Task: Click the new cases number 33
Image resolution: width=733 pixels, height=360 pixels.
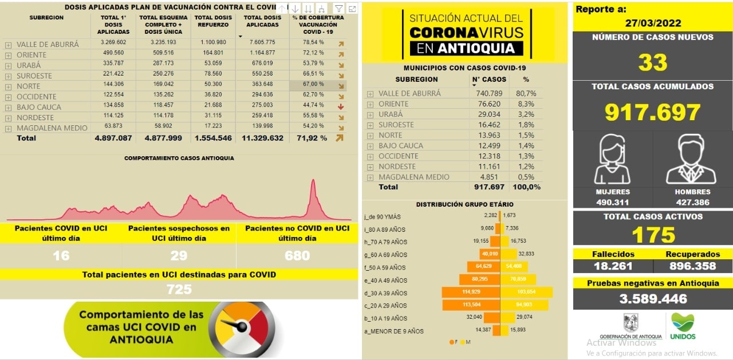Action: (x=653, y=62)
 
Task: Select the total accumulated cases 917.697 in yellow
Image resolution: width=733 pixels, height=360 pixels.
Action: (x=653, y=112)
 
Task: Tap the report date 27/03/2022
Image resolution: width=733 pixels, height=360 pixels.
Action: (x=653, y=23)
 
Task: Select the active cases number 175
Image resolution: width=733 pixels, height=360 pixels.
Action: (x=653, y=235)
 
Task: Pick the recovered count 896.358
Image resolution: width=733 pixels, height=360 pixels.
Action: (x=692, y=266)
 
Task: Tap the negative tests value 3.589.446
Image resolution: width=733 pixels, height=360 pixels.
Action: (x=653, y=299)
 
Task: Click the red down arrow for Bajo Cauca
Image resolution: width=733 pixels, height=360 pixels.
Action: (x=341, y=107)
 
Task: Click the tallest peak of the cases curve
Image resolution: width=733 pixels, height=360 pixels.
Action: (x=313, y=182)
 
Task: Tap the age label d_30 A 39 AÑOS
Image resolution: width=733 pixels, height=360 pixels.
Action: (x=386, y=293)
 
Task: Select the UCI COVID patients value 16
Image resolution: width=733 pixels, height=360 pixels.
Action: (x=61, y=255)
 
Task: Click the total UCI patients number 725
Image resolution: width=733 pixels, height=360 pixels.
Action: (x=179, y=290)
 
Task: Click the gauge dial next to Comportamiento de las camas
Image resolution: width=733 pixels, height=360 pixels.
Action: (x=242, y=329)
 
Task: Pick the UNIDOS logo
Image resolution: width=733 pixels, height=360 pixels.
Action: (x=683, y=327)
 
